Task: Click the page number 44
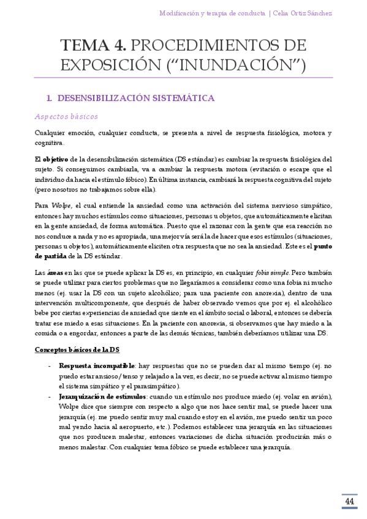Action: [x=350, y=502]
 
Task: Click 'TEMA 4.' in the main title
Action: [x=93, y=45]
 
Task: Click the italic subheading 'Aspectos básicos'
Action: [x=66, y=116]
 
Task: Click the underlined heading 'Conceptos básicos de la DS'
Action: [x=77, y=349]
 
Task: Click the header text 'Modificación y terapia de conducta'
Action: [x=212, y=13]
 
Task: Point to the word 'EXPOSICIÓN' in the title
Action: [x=100, y=64]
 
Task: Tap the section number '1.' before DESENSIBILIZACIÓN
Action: [x=50, y=97]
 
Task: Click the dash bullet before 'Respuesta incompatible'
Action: [x=49, y=365]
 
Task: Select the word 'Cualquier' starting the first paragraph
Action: [x=52, y=133]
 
